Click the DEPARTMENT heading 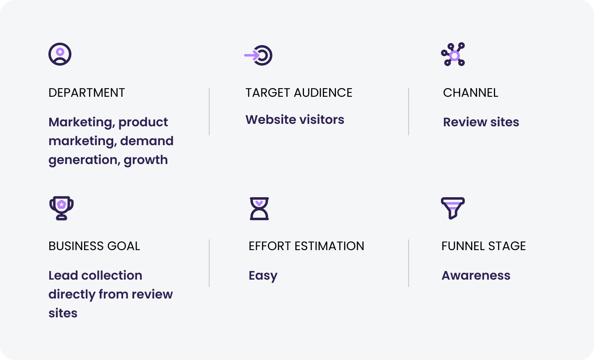[x=87, y=93]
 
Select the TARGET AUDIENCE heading [x=299, y=93]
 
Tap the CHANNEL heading [x=471, y=93]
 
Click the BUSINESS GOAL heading [x=94, y=246]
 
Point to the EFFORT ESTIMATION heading [x=306, y=246]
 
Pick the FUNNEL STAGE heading [x=483, y=246]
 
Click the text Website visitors [x=295, y=120]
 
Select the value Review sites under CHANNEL [x=481, y=122]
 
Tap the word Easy [x=263, y=276]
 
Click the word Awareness [x=476, y=276]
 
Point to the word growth [x=146, y=160]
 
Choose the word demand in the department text [x=146, y=141]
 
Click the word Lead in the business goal [x=63, y=276]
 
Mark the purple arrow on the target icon [x=252, y=55]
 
